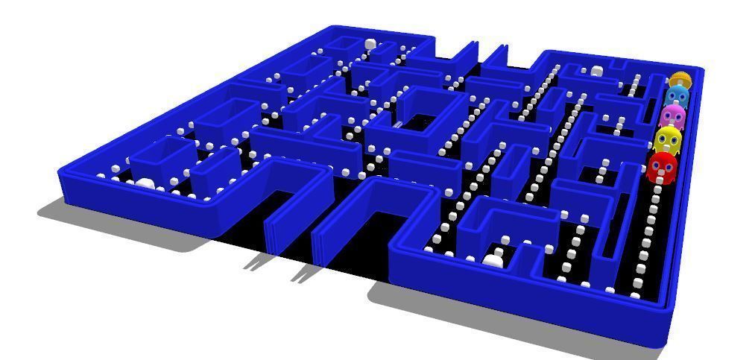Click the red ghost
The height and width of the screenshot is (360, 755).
tap(662, 168)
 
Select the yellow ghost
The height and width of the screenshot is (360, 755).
tap(668, 139)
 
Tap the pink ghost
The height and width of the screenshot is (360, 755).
tap(672, 116)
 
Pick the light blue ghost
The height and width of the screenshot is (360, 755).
tap(676, 96)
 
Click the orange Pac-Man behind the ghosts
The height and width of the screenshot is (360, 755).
tap(680, 78)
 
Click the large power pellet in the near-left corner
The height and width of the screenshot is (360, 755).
tap(145, 183)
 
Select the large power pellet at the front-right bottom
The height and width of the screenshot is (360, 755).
tap(493, 259)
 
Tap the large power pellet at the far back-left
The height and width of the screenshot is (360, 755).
tap(370, 45)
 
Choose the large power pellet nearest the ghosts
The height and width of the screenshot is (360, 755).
tap(597, 71)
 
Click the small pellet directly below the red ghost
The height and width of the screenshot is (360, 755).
tap(657, 189)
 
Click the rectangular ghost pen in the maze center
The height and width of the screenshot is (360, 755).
tap(420, 119)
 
